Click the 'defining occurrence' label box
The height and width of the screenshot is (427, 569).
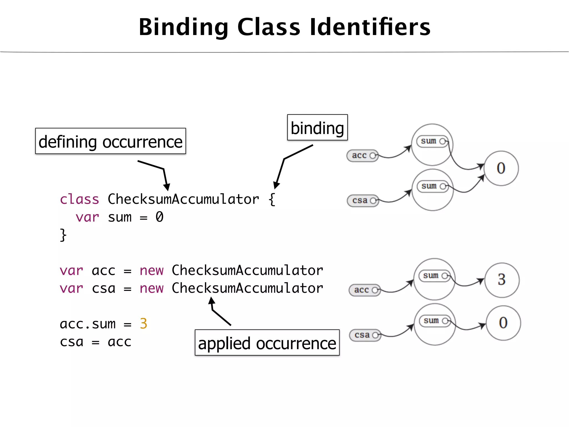(111, 141)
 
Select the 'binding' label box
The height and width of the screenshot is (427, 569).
(317, 128)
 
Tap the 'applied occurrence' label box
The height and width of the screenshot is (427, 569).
(267, 343)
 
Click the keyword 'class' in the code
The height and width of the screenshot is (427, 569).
(79, 199)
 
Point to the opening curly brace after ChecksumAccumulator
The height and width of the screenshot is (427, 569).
(272, 199)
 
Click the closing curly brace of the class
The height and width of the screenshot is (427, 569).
(63, 235)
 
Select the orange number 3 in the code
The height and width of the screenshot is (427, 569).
(143, 324)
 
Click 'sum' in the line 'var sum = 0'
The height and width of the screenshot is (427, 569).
(119, 217)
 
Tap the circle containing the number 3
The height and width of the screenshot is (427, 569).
(502, 280)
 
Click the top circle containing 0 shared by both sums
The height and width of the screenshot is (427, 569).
(501, 168)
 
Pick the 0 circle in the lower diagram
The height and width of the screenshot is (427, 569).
(503, 323)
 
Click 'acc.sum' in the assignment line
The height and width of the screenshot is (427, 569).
(88, 324)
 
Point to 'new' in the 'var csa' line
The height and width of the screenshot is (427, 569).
(151, 288)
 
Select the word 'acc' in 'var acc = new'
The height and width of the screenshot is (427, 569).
(103, 270)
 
